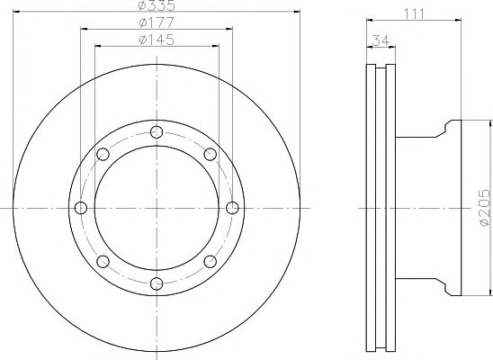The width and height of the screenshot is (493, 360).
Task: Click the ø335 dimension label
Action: coord(157,5)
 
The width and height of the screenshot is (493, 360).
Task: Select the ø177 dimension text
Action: coord(157,22)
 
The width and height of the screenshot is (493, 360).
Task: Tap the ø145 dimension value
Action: coord(157,40)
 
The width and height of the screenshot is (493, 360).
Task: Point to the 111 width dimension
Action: coord(414,14)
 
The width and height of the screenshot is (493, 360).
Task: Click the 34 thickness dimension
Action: coord(381,40)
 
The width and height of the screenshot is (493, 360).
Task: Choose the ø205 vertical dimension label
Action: coord(484,208)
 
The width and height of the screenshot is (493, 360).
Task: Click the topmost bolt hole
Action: coord(157,132)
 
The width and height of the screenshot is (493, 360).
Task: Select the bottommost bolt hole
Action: coord(157,283)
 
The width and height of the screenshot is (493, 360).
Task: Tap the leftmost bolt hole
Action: coord(81,208)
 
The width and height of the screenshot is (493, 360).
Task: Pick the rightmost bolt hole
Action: coord(232,208)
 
